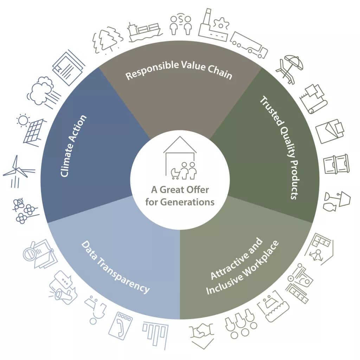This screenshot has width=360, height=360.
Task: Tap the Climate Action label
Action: coord(74,146)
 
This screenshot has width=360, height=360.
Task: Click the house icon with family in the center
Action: coord(180,158)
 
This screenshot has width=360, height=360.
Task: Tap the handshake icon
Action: coord(202,332)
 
